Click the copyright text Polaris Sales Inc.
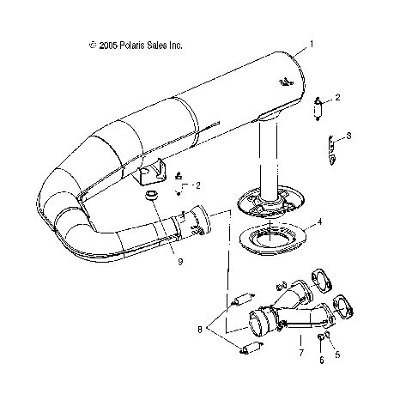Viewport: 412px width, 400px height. [x=136, y=45]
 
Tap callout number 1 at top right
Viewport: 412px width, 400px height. [x=312, y=43]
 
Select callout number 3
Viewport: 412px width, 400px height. [x=348, y=136]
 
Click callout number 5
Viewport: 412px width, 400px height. [x=337, y=353]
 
